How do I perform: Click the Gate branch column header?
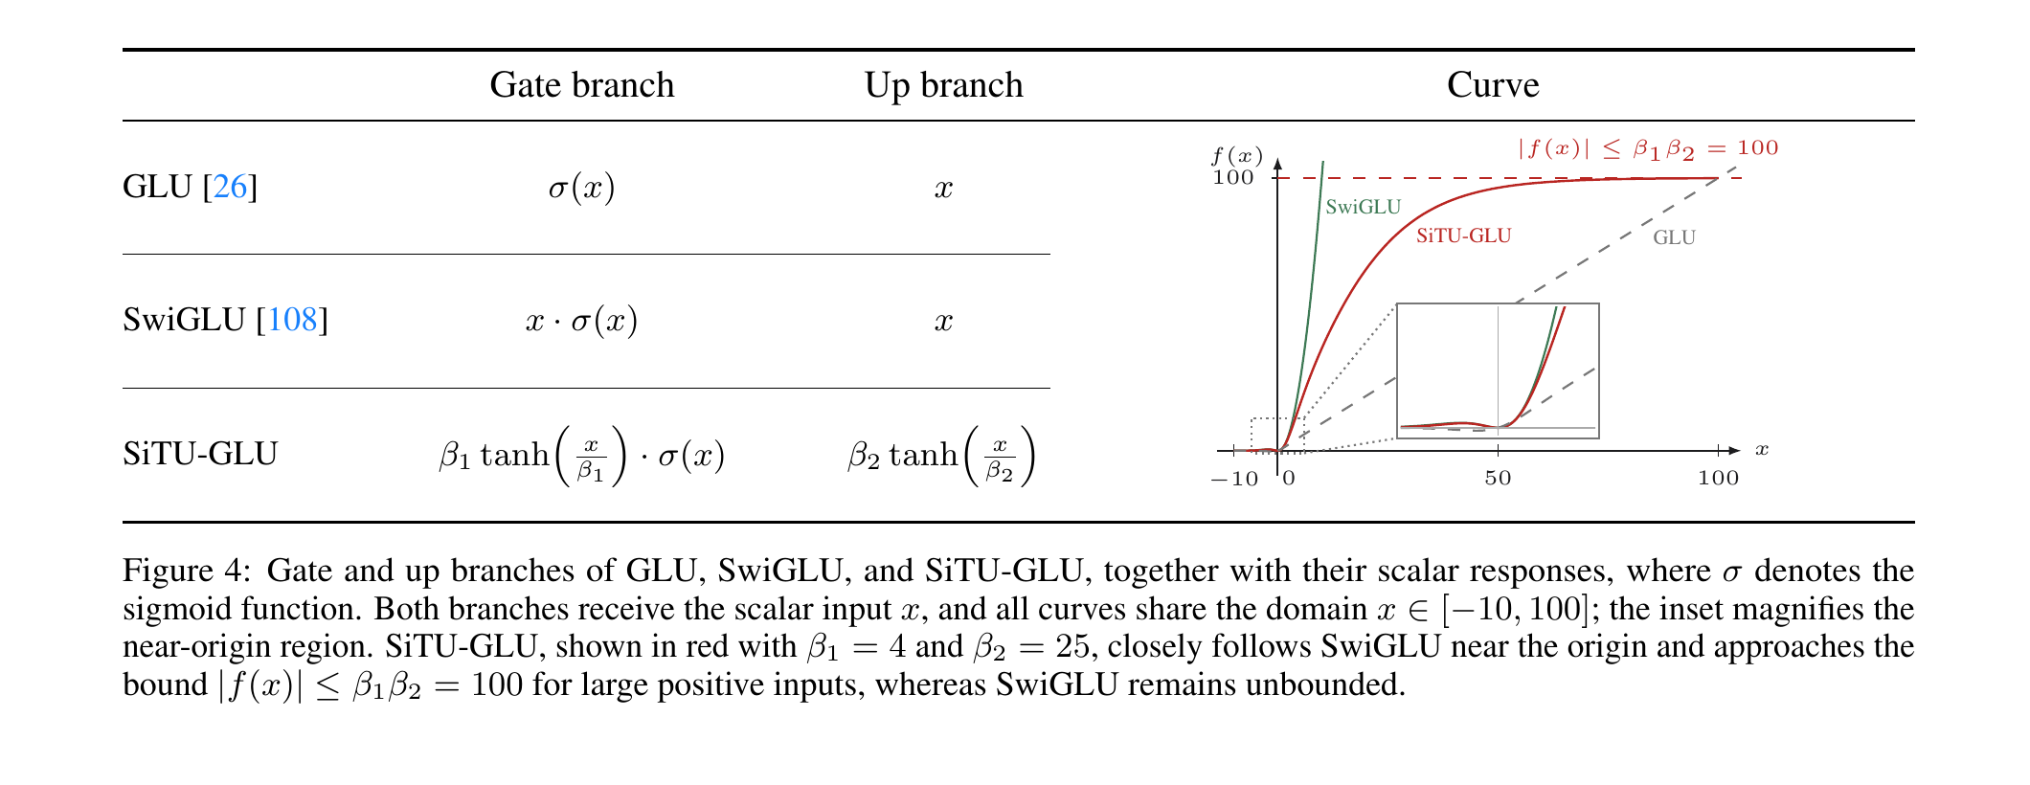click(582, 85)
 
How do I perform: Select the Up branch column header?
click(943, 85)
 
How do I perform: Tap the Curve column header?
click(1493, 85)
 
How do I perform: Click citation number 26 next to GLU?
click(230, 187)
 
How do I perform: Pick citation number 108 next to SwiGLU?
click(292, 320)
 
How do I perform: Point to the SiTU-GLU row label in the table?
click(200, 453)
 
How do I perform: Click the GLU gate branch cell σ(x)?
click(582, 187)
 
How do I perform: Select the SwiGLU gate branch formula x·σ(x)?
click(582, 320)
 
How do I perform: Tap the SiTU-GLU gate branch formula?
click(582, 455)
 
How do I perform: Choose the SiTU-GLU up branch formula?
click(941, 455)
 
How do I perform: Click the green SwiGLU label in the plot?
click(1363, 207)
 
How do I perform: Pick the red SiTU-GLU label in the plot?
click(1464, 235)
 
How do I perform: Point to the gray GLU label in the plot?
click(1674, 237)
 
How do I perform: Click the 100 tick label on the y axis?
click(1233, 178)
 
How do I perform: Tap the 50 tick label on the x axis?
click(1498, 478)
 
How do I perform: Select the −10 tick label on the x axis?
click(1235, 479)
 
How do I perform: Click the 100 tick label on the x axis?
click(1718, 478)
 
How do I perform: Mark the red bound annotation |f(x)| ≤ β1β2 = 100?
click(1648, 148)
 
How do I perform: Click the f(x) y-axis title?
click(1237, 156)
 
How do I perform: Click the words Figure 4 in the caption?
click(185, 572)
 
